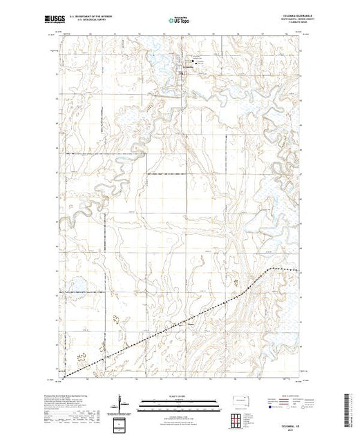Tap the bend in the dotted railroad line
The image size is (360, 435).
(270, 267)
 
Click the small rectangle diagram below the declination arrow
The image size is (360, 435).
(122, 422)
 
